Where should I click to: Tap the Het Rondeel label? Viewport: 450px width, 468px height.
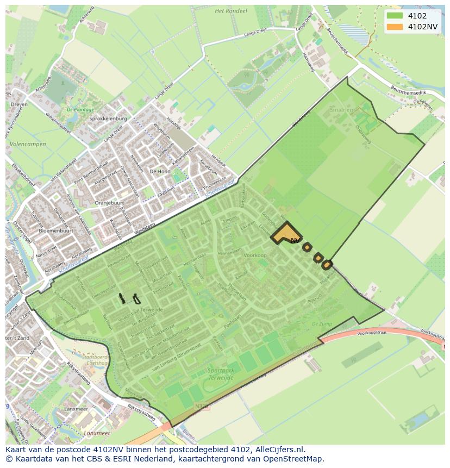tap(231, 10)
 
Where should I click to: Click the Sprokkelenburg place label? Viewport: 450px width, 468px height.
tap(108, 118)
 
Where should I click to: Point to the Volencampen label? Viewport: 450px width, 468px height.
tap(28, 144)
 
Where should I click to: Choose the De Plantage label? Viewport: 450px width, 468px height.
tap(77, 109)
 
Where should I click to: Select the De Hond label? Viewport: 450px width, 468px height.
tap(160, 171)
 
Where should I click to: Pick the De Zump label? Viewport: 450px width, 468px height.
tap(322, 323)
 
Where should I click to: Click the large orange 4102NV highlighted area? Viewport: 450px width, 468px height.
tap(285, 234)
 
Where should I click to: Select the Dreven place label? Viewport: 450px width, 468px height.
tap(18, 105)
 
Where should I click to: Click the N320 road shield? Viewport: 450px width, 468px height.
tap(201, 405)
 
